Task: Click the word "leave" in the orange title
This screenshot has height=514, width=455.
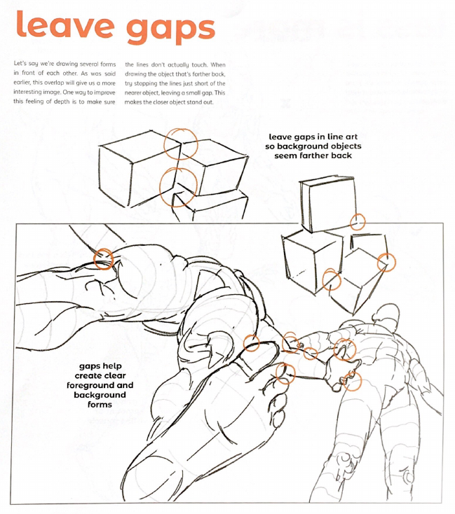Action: pos(65,25)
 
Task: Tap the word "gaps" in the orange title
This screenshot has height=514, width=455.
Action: pos(170,29)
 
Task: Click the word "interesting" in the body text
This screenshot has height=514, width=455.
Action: pos(27,92)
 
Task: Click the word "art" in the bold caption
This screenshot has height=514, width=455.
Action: pos(350,137)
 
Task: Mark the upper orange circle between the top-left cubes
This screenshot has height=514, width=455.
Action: pos(181,144)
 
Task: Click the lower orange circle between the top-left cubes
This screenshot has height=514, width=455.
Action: pos(178,187)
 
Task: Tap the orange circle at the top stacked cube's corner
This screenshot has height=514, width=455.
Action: pos(358,221)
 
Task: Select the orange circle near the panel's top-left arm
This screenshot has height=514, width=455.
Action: pos(104,259)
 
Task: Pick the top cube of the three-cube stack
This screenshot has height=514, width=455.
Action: pos(329,204)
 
